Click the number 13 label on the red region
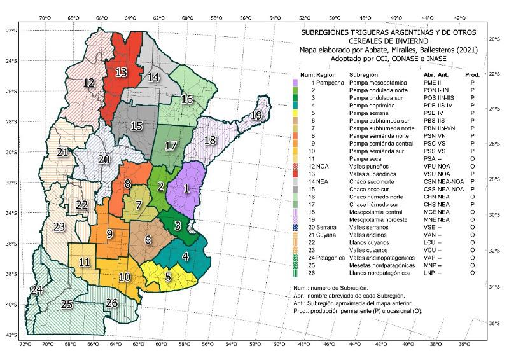tap(121, 72)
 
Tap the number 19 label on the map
tap(256, 115)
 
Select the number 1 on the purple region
tap(186, 188)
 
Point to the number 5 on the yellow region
tap(168, 276)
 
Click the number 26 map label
tap(112, 302)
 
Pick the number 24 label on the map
tap(36, 290)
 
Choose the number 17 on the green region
tap(170, 146)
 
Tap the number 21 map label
tap(62, 153)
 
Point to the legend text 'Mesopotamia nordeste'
tap(375, 219)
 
